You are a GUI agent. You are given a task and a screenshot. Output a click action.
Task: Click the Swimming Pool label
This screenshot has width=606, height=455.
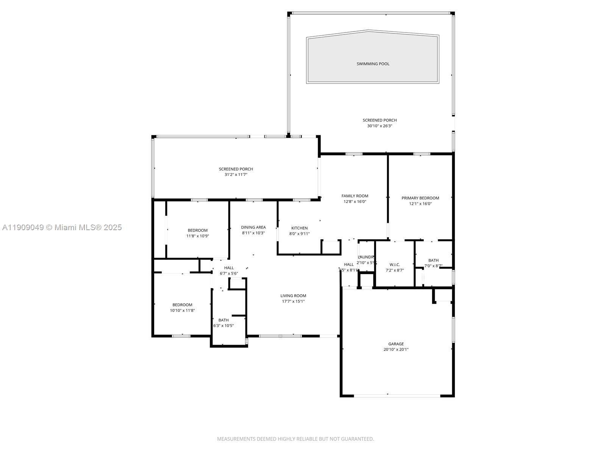[373, 64]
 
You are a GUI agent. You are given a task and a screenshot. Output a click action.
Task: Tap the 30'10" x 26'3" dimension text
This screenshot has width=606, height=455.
[380, 126]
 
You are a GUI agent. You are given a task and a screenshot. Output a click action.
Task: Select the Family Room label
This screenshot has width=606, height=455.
[355, 196]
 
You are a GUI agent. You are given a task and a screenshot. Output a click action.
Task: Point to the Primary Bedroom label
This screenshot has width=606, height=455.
[420, 198]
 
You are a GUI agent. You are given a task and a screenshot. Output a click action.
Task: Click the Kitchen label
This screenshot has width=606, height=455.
[299, 228]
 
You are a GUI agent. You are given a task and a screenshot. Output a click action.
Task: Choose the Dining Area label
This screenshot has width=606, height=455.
[253, 227]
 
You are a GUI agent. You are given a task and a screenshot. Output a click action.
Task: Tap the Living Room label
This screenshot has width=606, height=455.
[293, 296]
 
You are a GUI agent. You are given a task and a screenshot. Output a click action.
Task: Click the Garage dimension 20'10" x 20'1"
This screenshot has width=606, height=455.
[396, 350]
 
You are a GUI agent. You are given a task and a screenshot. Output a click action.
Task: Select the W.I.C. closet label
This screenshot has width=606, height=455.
[395, 265]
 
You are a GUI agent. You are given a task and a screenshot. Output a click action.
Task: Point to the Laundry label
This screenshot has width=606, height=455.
[366, 257]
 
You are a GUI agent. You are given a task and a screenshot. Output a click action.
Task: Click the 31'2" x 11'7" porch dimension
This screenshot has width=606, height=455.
[236, 175]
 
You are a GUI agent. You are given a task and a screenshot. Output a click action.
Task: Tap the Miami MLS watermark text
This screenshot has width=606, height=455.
[62, 227]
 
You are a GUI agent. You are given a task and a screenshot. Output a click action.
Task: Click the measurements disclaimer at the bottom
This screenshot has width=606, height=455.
[295, 439]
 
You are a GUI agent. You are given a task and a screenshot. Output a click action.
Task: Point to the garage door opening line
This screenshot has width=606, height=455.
[397, 396]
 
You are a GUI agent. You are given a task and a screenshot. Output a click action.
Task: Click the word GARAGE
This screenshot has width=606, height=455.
[396, 344]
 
